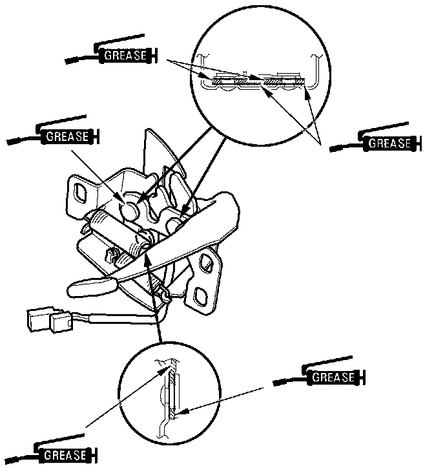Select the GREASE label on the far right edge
(x=389, y=143)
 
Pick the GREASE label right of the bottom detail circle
(x=333, y=377)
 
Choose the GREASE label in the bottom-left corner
(x=65, y=456)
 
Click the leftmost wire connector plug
(x=37, y=319)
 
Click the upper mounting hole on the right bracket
(x=208, y=262)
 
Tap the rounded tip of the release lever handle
(x=81, y=286)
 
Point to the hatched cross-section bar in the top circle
(x=258, y=81)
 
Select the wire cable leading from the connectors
(x=116, y=317)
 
